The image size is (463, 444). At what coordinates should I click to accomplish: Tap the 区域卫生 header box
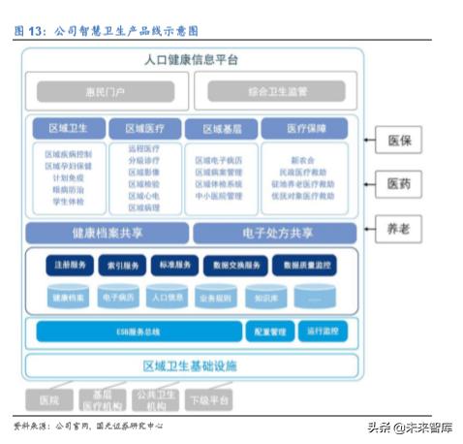click(x=68, y=128)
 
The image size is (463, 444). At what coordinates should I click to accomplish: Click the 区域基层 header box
click(x=219, y=128)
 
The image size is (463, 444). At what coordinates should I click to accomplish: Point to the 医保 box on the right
click(x=397, y=142)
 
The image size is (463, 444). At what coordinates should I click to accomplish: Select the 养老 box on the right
click(x=397, y=230)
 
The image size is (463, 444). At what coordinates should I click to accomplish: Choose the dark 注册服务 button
click(x=69, y=265)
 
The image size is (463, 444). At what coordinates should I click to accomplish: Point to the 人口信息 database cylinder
click(x=169, y=298)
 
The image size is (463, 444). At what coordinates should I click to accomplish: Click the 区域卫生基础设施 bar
click(x=191, y=366)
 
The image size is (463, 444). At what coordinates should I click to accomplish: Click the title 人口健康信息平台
click(x=191, y=60)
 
